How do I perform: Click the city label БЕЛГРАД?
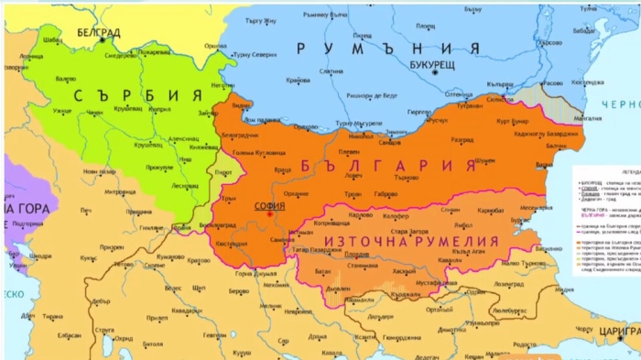point(98,32)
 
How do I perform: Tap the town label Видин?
point(243,107)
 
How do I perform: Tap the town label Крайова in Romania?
point(299,81)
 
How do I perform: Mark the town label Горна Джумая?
point(249,273)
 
